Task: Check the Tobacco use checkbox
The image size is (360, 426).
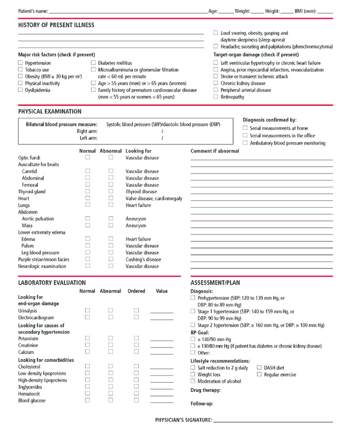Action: point(21,70)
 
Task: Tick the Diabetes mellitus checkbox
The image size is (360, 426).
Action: point(93,63)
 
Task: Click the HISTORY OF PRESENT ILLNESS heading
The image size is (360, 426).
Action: point(56,25)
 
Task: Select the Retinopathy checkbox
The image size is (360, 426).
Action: point(215,97)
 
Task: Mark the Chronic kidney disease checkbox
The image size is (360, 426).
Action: point(215,83)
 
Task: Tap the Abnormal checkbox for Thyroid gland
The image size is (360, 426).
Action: point(111,192)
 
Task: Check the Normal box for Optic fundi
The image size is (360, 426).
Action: point(88,158)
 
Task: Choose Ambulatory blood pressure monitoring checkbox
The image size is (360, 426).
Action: point(245,143)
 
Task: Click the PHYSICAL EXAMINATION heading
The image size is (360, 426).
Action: point(50,112)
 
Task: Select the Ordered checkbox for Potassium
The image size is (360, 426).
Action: point(136,338)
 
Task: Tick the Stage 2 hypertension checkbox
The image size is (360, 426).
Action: point(193,325)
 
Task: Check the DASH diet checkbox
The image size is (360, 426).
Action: point(259,368)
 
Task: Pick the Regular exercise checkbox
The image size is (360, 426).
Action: point(259,375)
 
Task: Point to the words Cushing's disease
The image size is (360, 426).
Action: point(142,259)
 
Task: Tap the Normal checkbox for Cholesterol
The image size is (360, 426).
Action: point(88,366)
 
